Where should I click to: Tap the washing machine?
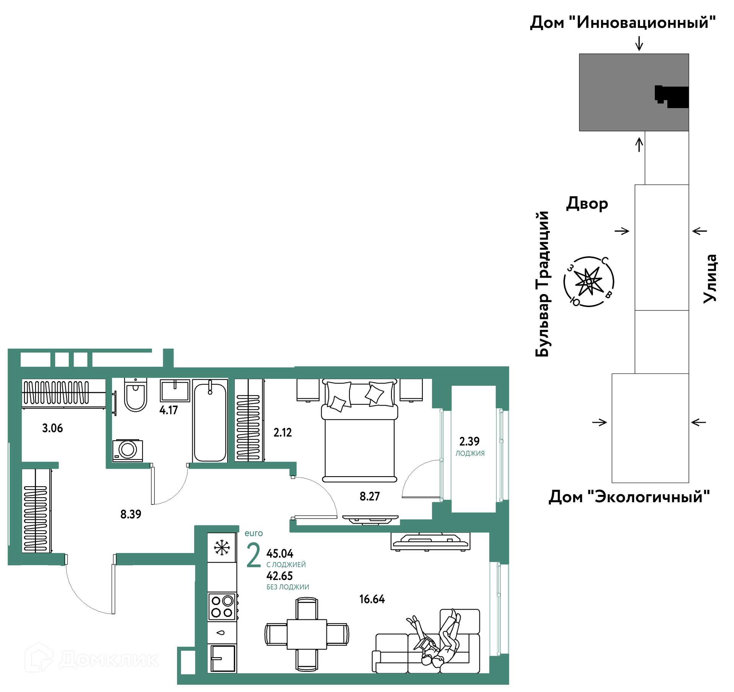pyautogui.click(x=128, y=450)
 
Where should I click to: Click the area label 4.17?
pyautogui.click(x=169, y=410)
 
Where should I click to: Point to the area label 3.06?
pyautogui.click(x=52, y=428)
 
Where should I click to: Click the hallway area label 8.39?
pyautogui.click(x=131, y=514)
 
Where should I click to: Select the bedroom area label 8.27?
pyautogui.click(x=370, y=496)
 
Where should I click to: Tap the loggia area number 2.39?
pyautogui.click(x=469, y=441)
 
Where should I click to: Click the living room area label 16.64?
pyautogui.click(x=372, y=599)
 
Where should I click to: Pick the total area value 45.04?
pyautogui.click(x=280, y=553)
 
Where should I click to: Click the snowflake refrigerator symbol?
pyautogui.click(x=222, y=548)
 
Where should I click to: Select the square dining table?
pyautogui.click(x=307, y=634)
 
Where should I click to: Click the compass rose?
pyautogui.click(x=589, y=281)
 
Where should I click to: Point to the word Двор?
pyautogui.click(x=587, y=204)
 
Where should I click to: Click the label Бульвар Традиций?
pyautogui.click(x=542, y=284)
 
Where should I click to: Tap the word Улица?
pyautogui.click(x=710, y=279)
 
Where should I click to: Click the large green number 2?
pyautogui.click(x=253, y=555)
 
